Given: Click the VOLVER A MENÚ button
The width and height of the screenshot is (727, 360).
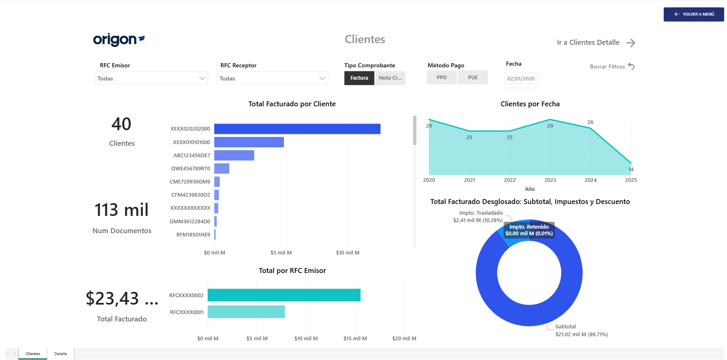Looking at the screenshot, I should (x=694, y=14).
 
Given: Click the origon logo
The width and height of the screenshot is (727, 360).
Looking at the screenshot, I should (x=119, y=40).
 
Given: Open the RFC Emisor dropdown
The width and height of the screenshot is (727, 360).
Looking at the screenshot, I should (x=151, y=78).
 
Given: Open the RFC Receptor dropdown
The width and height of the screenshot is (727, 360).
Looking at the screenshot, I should (x=272, y=78).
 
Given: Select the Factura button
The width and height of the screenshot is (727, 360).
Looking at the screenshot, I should (x=359, y=78).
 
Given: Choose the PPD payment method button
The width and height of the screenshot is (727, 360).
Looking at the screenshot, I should (x=442, y=78).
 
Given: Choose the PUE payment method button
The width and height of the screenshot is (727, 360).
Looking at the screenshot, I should (x=473, y=78).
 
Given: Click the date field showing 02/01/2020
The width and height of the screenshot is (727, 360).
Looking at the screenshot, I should (x=521, y=79).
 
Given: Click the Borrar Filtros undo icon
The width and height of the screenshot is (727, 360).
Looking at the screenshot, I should (x=632, y=66).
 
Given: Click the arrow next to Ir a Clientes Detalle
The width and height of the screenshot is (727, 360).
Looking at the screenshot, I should (x=631, y=43).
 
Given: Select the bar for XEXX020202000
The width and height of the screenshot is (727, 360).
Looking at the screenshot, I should (x=297, y=129).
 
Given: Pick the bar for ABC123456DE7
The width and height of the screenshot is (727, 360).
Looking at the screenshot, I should (x=234, y=155).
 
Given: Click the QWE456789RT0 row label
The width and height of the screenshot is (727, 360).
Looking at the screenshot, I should (x=191, y=169).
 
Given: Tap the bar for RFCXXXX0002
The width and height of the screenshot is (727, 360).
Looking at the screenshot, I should (x=284, y=295).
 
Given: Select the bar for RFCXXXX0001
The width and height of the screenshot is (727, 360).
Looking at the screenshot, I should (x=246, y=312).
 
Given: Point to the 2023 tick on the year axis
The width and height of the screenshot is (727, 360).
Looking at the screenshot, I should (x=550, y=180).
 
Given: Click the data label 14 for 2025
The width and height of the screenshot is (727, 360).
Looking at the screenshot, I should (x=631, y=170).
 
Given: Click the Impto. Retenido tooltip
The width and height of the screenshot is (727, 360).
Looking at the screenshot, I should (x=529, y=230).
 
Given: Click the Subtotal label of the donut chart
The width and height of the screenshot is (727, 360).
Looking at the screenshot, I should (x=566, y=327).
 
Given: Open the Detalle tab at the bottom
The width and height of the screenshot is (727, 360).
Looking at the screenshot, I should (x=60, y=354).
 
